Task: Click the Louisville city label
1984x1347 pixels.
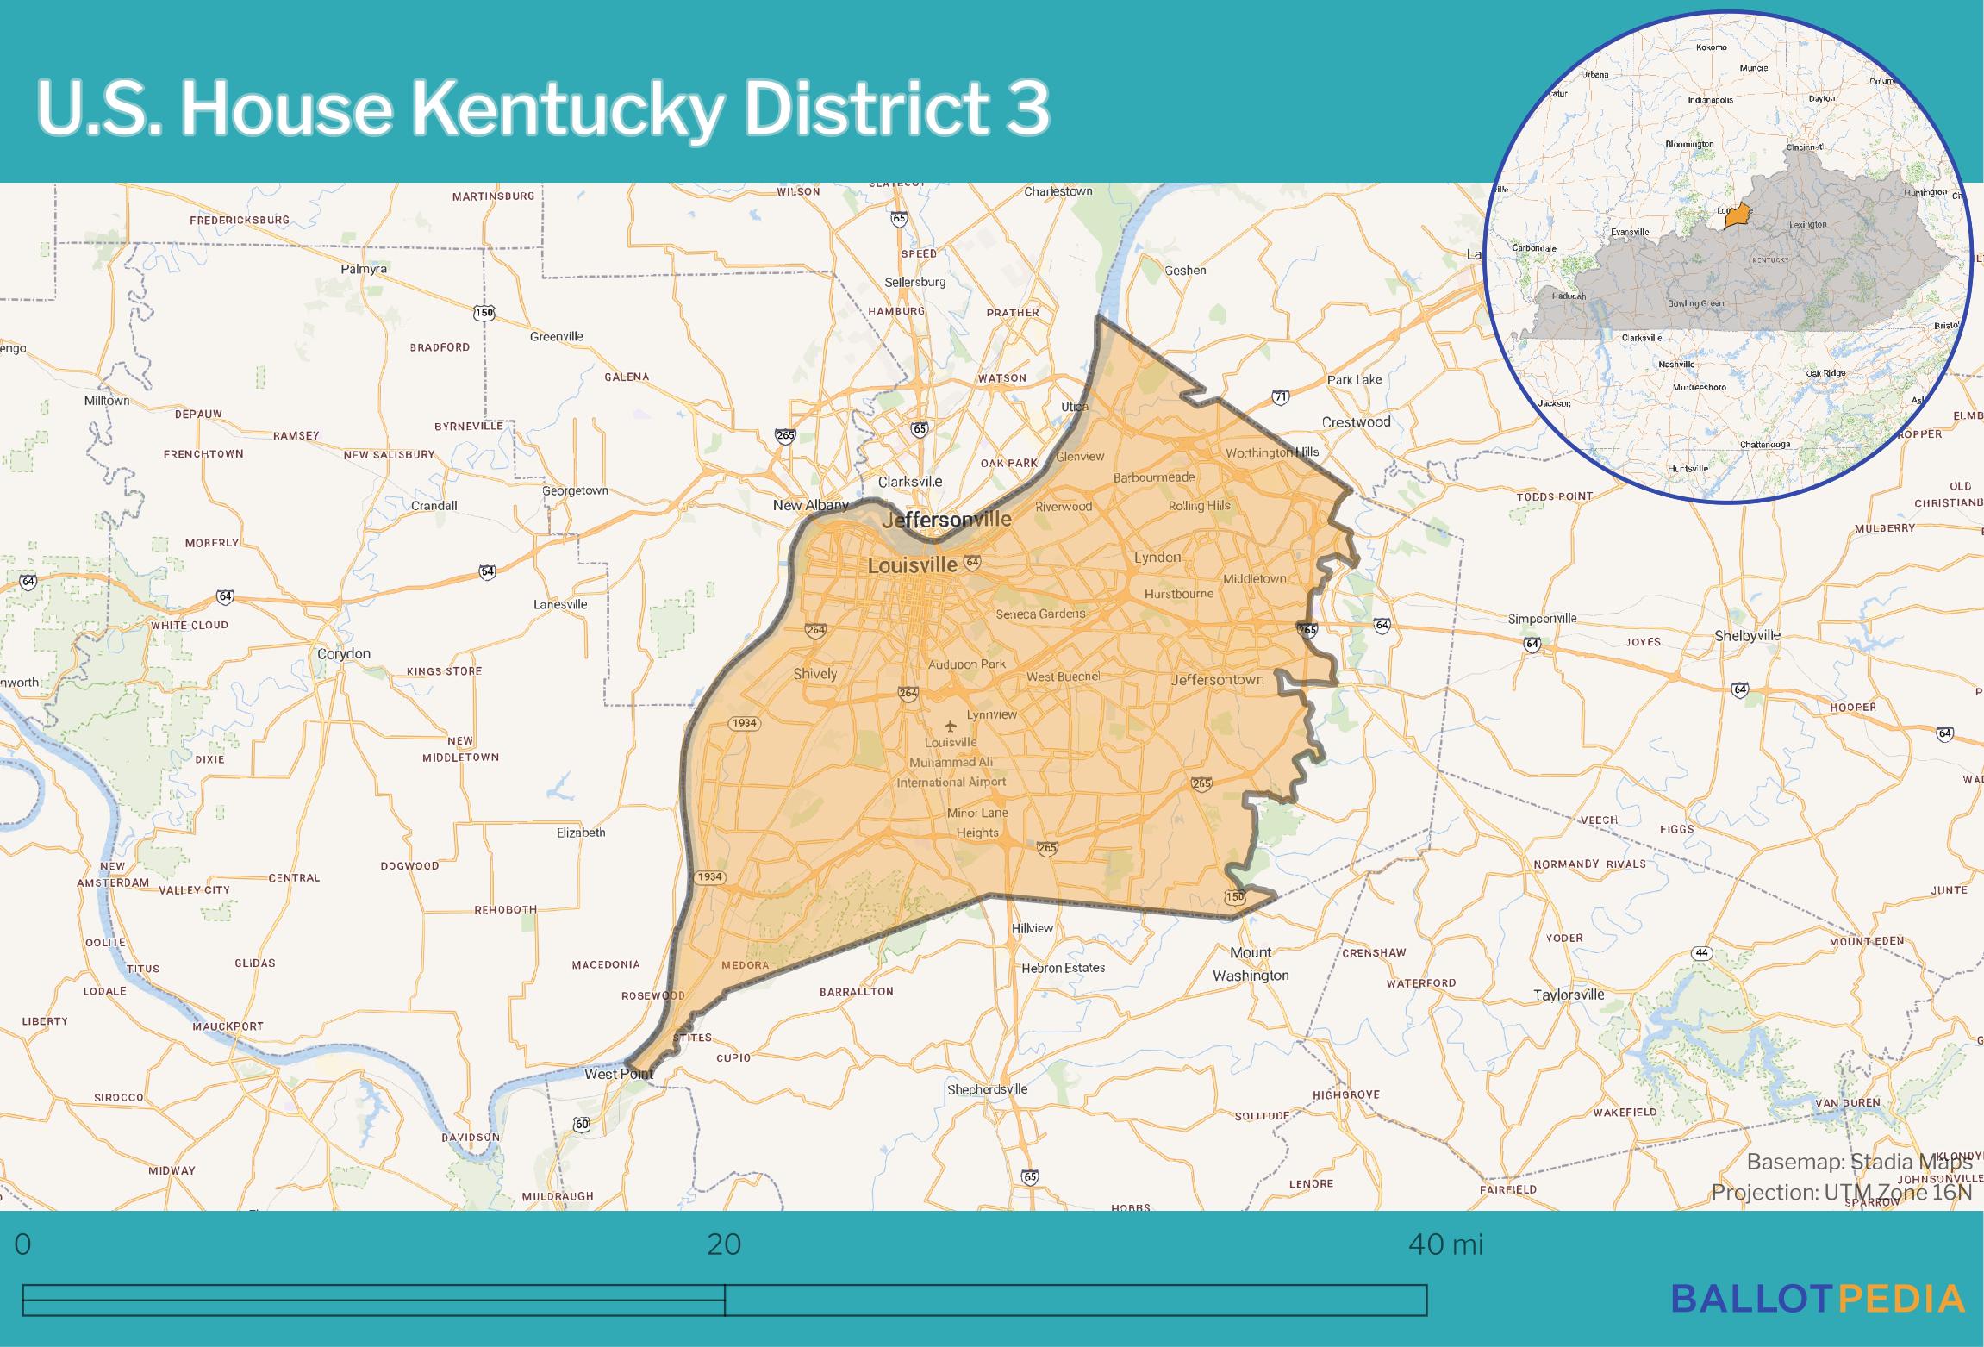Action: point(912,565)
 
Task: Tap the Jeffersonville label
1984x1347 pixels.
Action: point(945,520)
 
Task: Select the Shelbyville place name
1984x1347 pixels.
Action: point(1747,635)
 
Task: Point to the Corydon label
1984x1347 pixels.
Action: point(344,653)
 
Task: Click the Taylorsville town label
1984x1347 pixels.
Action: point(1569,995)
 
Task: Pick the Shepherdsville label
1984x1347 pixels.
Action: point(987,1088)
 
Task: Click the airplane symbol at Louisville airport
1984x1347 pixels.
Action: point(951,726)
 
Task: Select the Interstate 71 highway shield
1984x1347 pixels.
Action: point(1281,397)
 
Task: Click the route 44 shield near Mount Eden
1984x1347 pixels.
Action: point(1700,953)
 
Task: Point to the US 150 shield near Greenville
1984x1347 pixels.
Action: point(484,313)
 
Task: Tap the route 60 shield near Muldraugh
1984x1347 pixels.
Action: point(582,1125)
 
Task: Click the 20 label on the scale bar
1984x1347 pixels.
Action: point(724,1244)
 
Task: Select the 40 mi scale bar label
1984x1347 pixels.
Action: point(1445,1244)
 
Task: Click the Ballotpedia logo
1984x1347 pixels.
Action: point(1818,1299)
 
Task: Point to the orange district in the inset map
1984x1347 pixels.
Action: point(1738,215)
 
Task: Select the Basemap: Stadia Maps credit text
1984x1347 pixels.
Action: point(1859,1162)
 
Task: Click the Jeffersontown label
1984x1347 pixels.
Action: point(1217,679)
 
